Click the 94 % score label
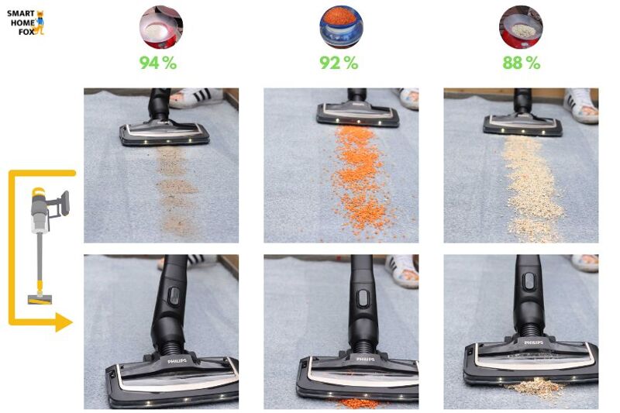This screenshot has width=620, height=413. point(158,63)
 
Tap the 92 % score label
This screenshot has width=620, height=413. point(339,63)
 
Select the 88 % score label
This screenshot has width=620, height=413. point(521,63)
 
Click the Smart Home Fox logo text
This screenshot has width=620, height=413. point(21,22)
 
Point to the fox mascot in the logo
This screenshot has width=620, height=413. point(40,23)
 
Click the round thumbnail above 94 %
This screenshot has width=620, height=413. point(161,27)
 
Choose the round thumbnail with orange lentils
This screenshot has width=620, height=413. point(341,27)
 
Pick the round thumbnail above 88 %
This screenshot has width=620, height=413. point(521,27)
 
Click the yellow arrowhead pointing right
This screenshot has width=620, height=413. point(64,322)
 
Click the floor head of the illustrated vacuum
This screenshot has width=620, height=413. point(40,299)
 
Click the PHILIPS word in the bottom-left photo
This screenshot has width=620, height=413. point(177,361)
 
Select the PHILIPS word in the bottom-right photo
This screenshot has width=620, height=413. point(533,342)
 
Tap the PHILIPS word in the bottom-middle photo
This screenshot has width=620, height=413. point(366,359)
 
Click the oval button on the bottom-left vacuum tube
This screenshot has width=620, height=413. point(173,297)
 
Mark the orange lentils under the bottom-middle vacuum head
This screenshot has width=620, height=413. point(358,403)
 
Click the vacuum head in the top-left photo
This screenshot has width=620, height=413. point(164,133)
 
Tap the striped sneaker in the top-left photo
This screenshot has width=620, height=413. point(196,98)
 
